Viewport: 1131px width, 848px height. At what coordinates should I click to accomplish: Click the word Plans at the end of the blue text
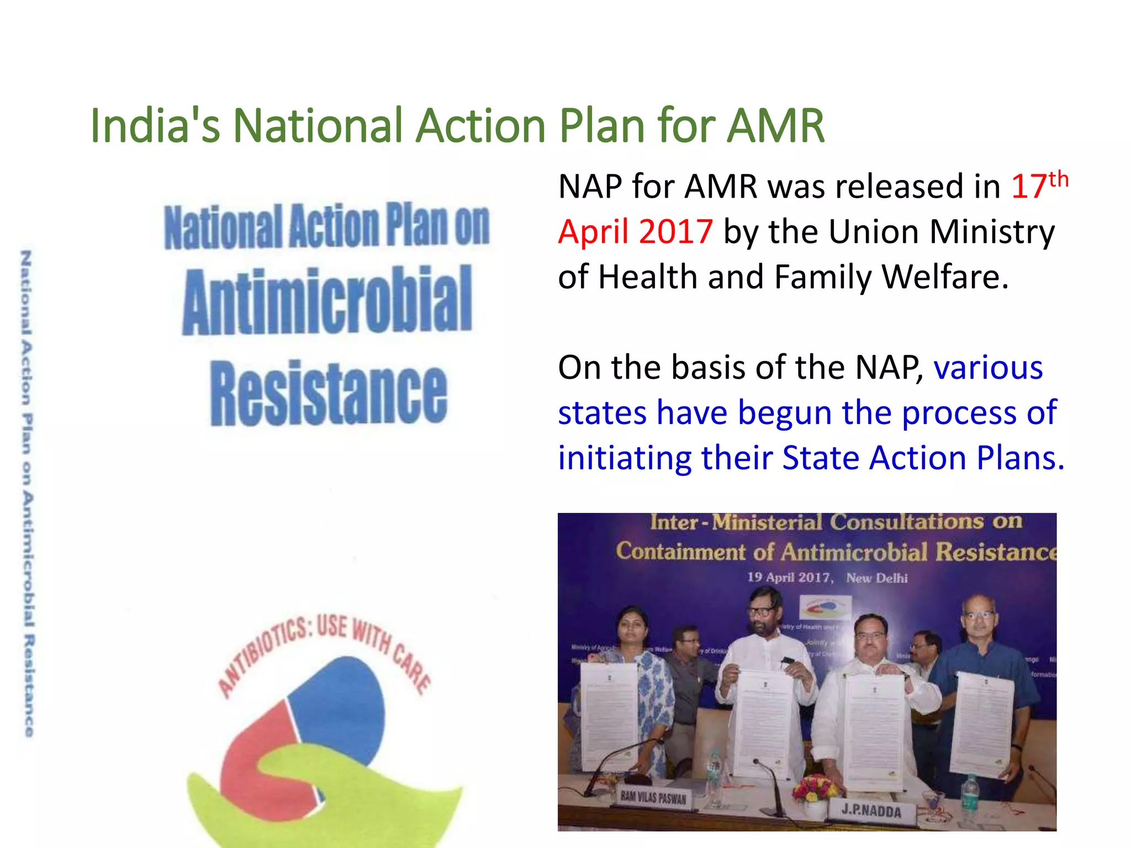(x=1020, y=458)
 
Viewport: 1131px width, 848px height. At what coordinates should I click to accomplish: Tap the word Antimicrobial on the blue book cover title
(x=327, y=301)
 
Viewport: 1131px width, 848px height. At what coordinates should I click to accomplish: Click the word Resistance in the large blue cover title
(x=329, y=393)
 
